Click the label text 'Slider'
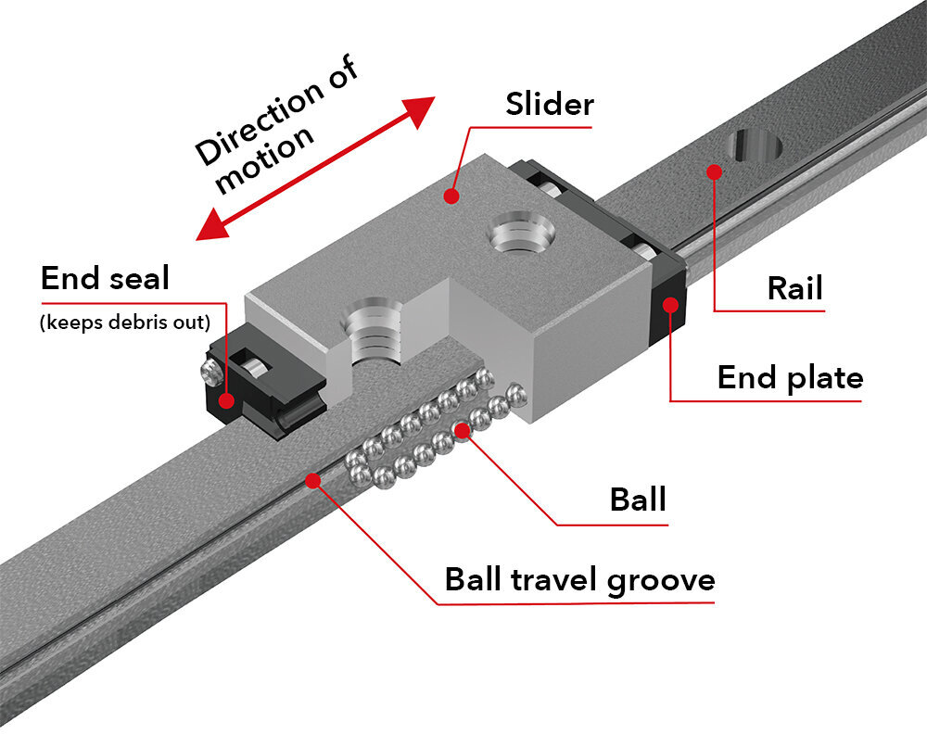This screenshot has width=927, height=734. (549, 104)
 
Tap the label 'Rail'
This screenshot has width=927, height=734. (794, 288)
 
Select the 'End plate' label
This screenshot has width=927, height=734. (790, 377)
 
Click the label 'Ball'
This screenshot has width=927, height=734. (638, 500)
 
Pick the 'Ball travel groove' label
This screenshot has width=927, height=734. (579, 580)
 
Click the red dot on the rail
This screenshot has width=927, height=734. (713, 171)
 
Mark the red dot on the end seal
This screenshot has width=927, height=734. (225, 400)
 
